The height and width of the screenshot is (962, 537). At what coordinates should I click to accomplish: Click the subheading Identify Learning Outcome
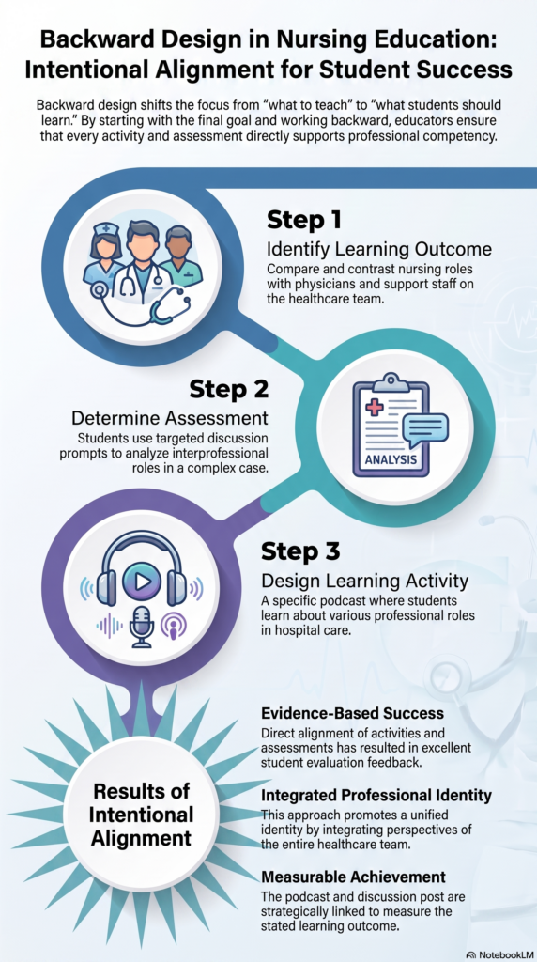click(379, 250)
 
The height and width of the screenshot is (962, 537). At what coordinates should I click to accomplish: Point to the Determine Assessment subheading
click(170, 418)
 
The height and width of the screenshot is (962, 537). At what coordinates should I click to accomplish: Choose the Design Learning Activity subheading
click(365, 580)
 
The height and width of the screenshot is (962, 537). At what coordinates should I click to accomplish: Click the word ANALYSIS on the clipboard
click(391, 458)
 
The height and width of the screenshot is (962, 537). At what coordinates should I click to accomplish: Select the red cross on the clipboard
click(375, 406)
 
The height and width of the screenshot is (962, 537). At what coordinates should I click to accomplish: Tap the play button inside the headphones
click(142, 579)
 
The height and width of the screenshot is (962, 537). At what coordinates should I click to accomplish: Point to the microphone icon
click(142, 626)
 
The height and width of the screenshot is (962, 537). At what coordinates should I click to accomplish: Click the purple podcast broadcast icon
click(173, 626)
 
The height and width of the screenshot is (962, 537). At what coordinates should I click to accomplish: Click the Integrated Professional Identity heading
click(376, 796)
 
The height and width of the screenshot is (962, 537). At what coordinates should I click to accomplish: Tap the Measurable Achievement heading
click(354, 877)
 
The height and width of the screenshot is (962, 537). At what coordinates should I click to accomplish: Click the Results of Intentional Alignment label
click(142, 815)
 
